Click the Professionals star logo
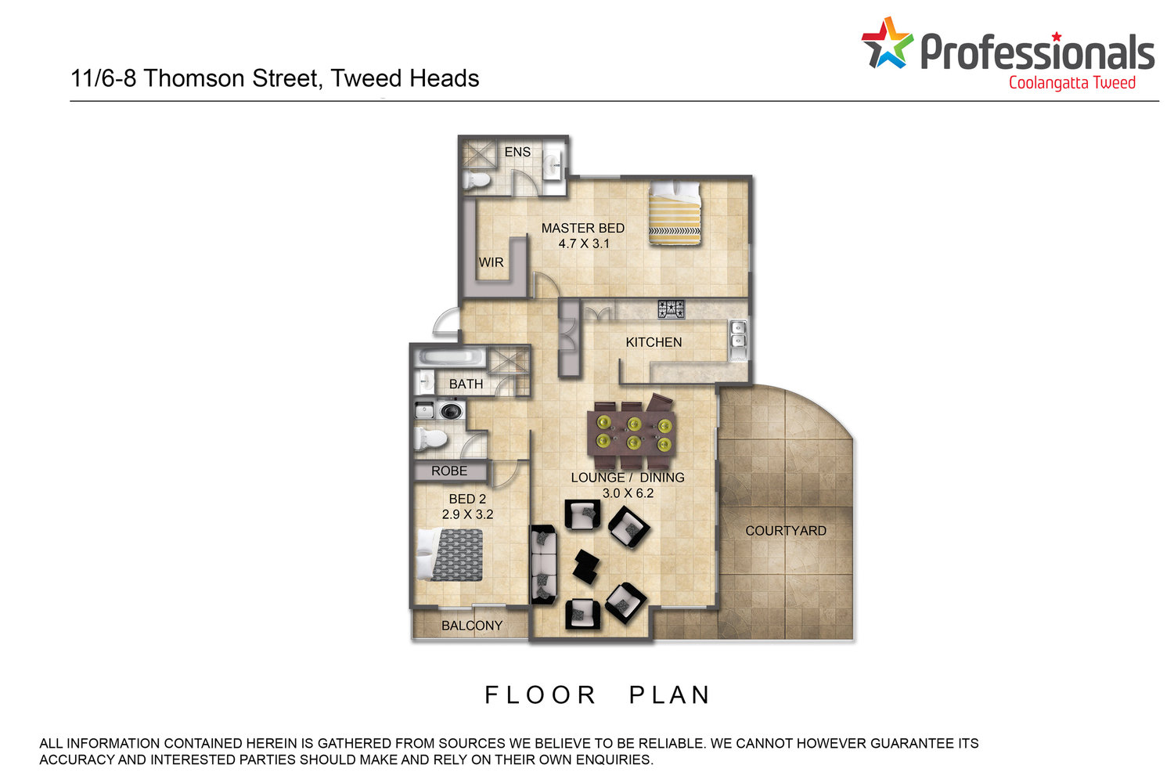pos(887,44)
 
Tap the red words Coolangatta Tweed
pos(1071,83)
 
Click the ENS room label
pos(517,152)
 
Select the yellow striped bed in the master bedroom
pos(675,213)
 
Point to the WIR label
pos(491,262)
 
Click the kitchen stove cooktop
pos(672,309)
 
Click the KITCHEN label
pos(654,342)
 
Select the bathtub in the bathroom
pos(450,358)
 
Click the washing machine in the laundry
pos(451,410)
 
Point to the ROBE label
pos(449,471)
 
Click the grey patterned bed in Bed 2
pos(450,554)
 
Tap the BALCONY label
pos(472,626)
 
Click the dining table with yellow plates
pos(632,434)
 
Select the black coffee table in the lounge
pos(586,566)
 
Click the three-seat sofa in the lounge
pos(543,565)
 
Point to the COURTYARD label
pos(786,531)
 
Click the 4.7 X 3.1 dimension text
pos(583,244)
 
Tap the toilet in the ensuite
pos(477,181)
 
